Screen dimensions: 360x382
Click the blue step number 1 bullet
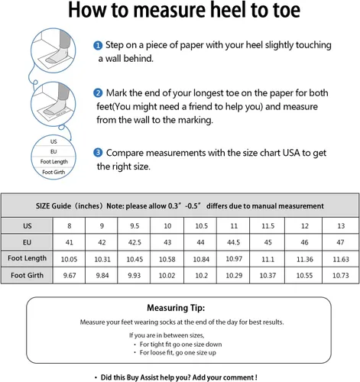tap(98, 46)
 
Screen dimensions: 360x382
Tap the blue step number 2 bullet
tap(98, 93)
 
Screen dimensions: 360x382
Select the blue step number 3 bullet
tap(98, 153)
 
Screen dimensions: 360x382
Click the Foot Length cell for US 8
tap(69, 259)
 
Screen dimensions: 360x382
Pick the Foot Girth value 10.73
tap(341, 275)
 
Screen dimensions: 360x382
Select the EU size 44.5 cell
tap(233, 242)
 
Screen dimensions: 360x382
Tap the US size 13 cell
tap(341, 226)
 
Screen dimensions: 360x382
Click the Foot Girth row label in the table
tap(27, 275)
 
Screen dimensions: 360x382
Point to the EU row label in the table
tap(27, 242)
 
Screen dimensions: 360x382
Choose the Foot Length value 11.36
tap(305, 259)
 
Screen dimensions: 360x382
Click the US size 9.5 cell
tap(135, 226)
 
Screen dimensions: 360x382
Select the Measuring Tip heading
tap(176, 308)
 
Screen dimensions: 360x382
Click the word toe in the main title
tap(287, 10)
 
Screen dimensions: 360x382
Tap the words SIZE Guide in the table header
tap(54, 206)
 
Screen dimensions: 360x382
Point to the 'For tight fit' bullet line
tap(178, 345)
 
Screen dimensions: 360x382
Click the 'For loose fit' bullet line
tap(175, 353)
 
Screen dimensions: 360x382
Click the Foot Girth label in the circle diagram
tap(54, 172)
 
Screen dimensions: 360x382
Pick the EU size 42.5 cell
tap(135, 242)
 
